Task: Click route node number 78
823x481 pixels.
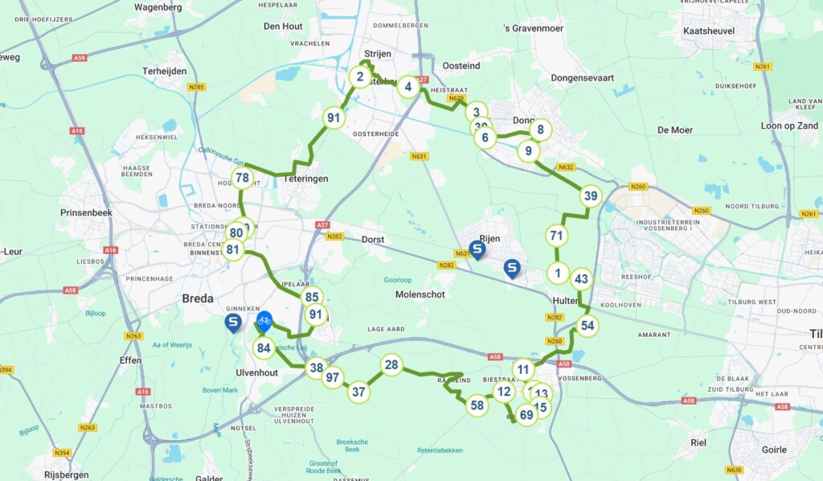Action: click(x=242, y=178)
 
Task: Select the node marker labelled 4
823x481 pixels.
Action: click(x=408, y=87)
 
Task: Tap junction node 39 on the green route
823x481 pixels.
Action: click(x=591, y=196)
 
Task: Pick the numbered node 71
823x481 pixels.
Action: click(x=555, y=236)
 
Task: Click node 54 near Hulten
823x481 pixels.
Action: click(x=588, y=326)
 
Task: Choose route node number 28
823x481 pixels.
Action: click(x=391, y=365)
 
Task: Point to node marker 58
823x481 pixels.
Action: click(x=477, y=405)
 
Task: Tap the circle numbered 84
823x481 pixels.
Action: click(x=263, y=348)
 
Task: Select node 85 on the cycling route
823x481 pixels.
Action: click(x=313, y=297)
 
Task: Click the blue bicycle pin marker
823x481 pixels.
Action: click(x=264, y=322)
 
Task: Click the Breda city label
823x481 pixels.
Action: click(x=198, y=298)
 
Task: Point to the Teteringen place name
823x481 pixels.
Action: click(x=305, y=179)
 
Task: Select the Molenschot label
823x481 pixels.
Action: click(x=420, y=294)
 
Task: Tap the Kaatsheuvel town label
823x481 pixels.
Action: click(x=704, y=31)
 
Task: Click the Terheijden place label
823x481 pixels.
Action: click(x=165, y=71)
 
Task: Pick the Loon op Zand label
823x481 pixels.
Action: click(x=789, y=125)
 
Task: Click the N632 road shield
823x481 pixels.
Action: click(x=566, y=167)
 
